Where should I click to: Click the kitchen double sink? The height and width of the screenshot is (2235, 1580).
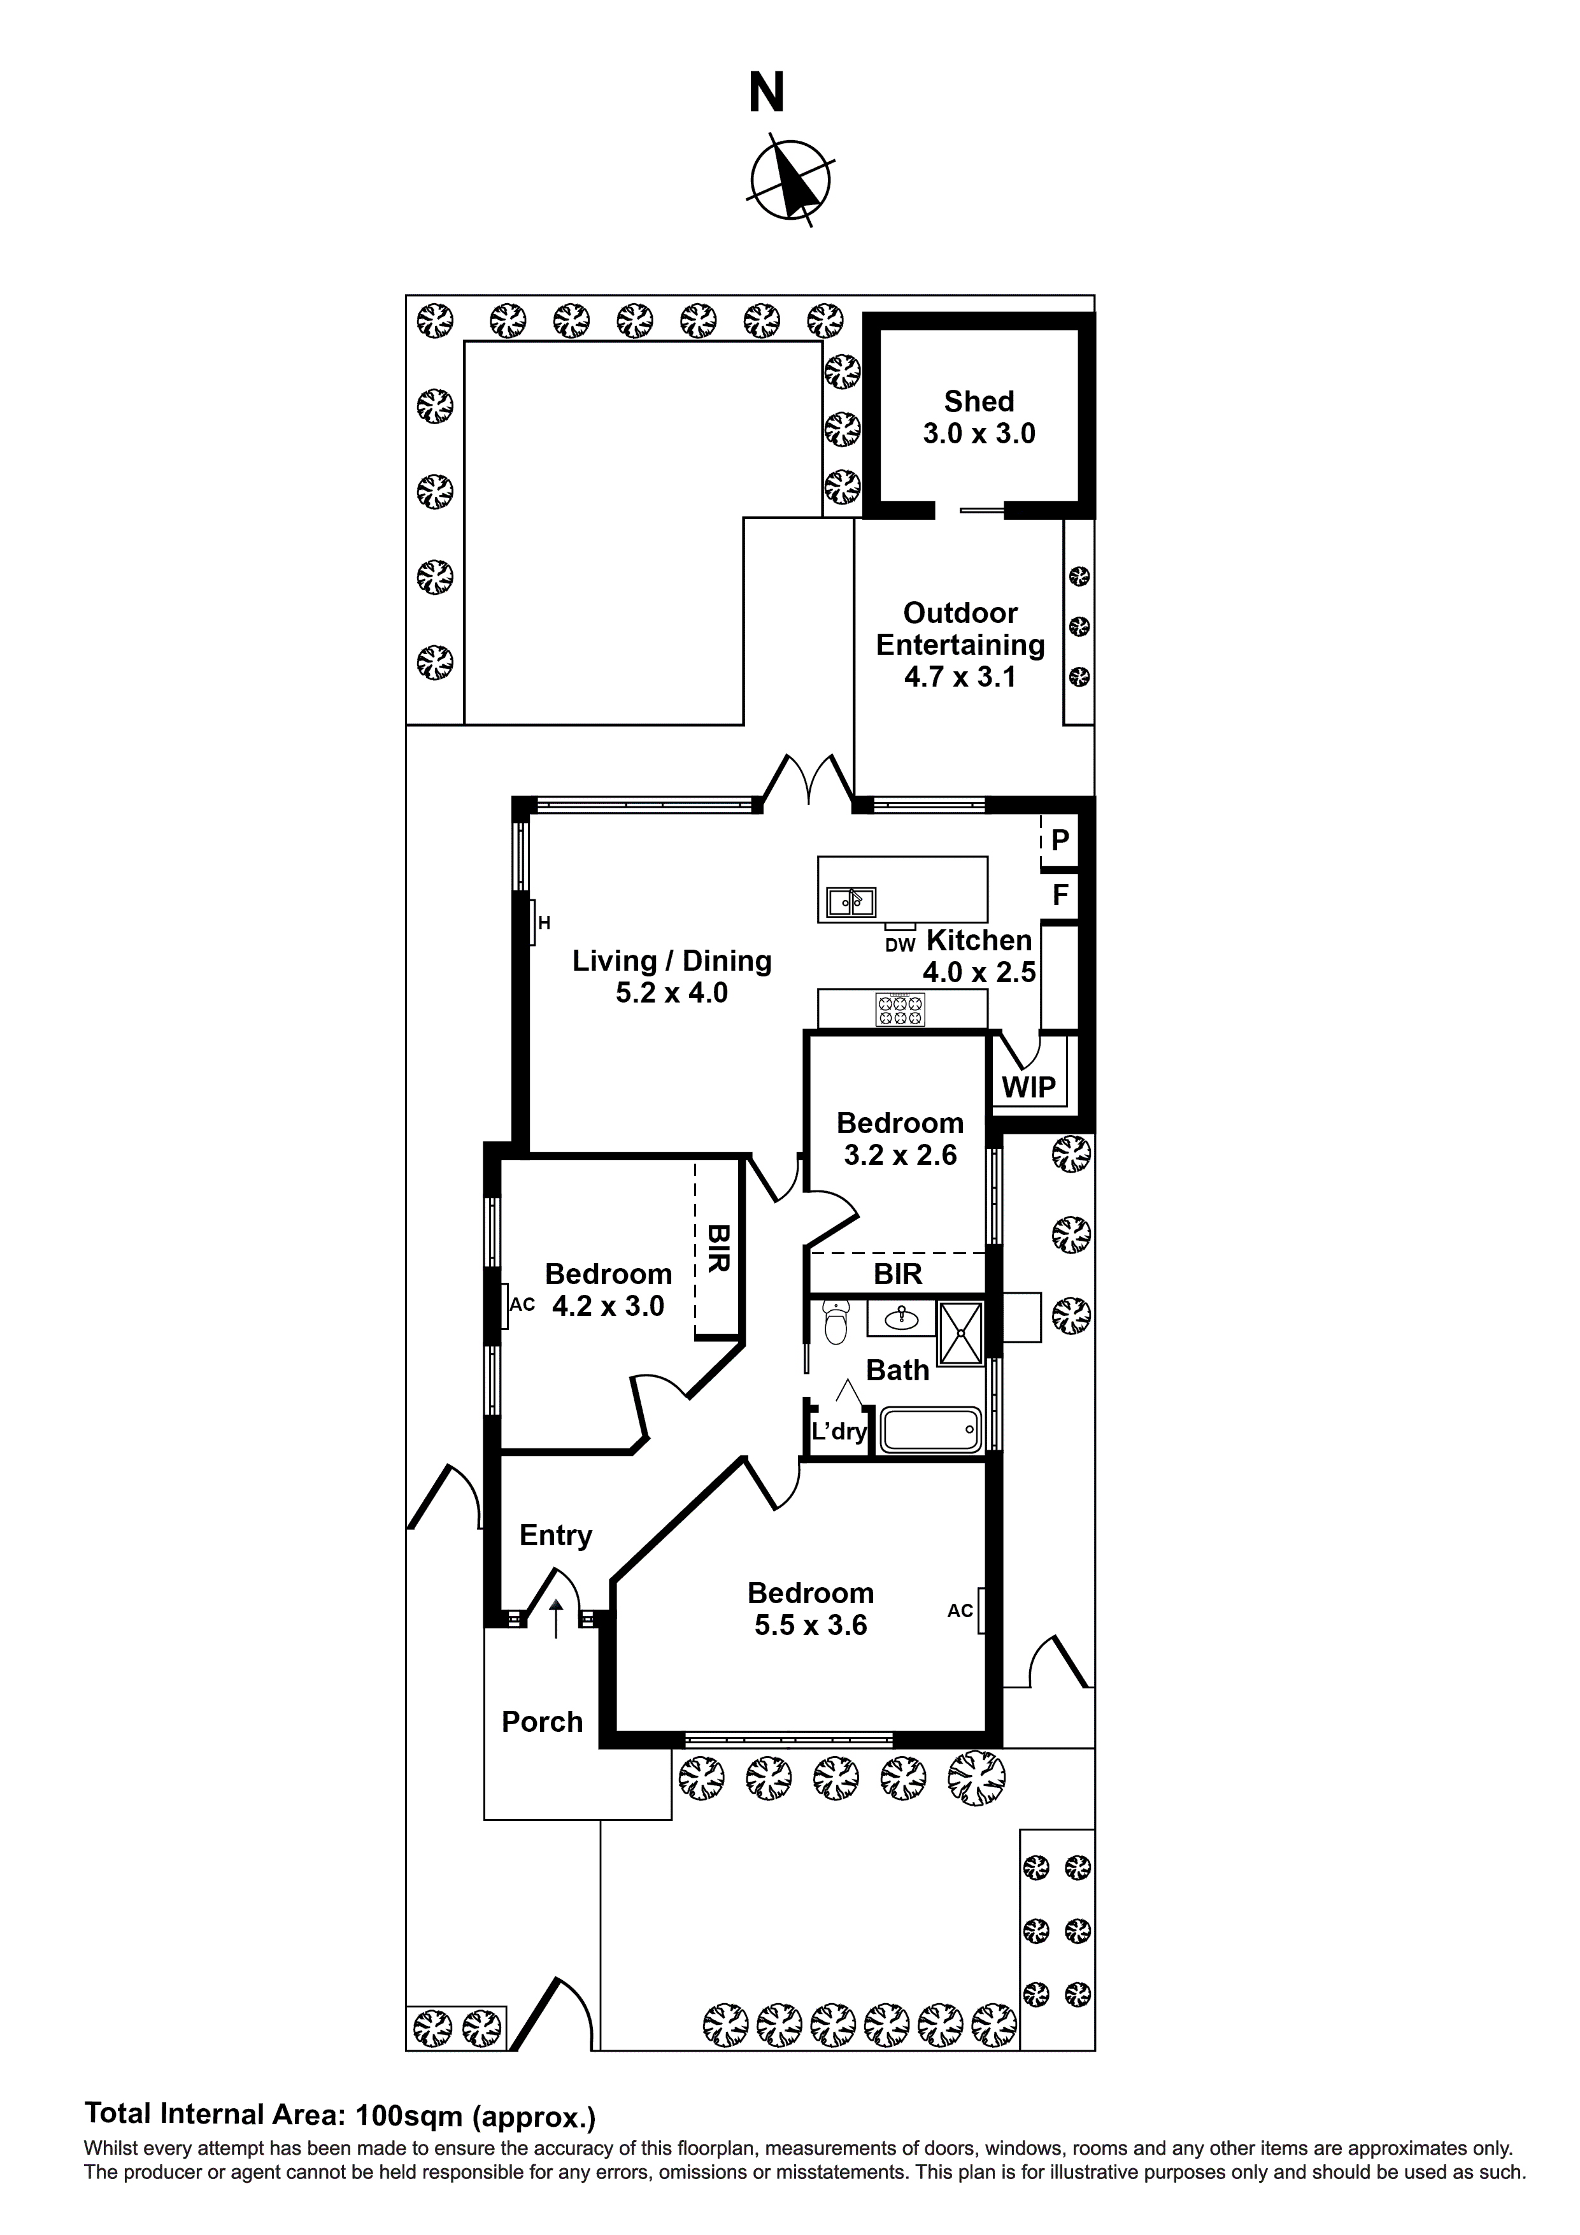[851, 903]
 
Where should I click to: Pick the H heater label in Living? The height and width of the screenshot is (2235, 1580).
[544, 923]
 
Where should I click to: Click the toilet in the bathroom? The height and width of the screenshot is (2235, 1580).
[836, 1322]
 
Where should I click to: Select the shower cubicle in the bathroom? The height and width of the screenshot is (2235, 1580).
[960, 1332]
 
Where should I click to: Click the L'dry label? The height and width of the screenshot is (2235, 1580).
[839, 1431]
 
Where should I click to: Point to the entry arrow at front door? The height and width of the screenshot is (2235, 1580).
[556, 1618]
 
